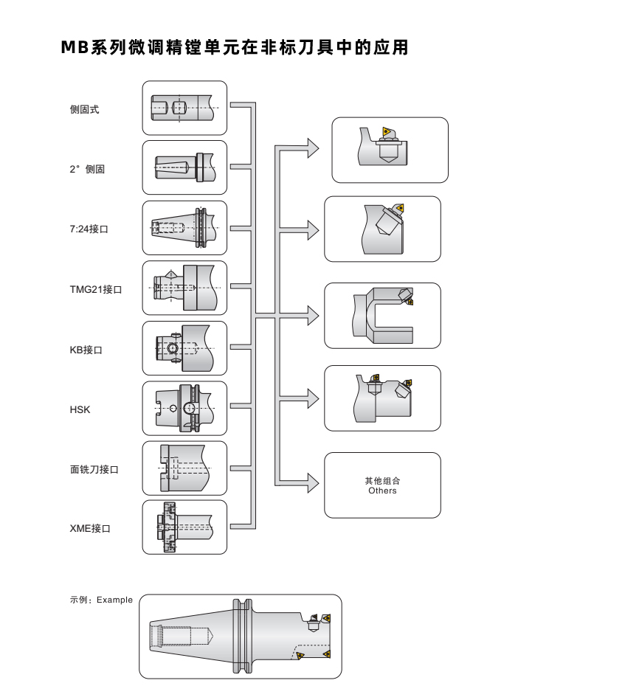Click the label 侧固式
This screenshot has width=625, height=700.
[85, 109]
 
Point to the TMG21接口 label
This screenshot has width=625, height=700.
[96, 289]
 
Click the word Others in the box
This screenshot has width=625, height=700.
[382, 491]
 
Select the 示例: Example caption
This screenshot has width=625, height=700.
[102, 600]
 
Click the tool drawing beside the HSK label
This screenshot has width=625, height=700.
[184, 408]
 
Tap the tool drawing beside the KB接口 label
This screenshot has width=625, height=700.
[184, 348]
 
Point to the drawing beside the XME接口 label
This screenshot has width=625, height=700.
[184, 527]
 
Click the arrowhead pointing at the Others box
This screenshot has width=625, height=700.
[313, 484]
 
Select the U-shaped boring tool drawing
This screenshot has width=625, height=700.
[382, 316]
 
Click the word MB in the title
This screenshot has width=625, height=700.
[75, 48]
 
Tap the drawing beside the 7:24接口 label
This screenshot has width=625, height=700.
[184, 228]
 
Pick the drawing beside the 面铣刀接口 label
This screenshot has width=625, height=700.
[184, 468]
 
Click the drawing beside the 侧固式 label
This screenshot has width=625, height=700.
[184, 108]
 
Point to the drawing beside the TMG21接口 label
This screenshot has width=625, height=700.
[184, 288]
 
